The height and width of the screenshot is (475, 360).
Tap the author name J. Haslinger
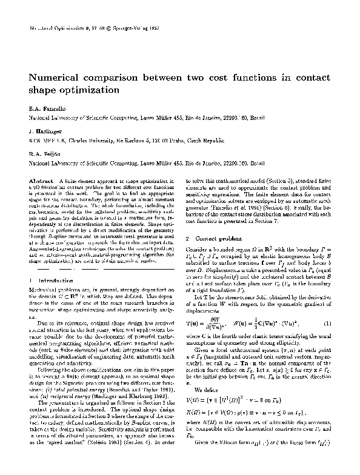pyautogui.click(x=44, y=131)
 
